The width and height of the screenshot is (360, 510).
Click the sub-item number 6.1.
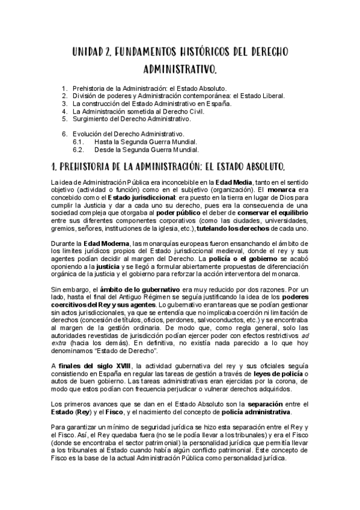(x=78, y=141)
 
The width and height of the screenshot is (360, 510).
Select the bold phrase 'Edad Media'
(x=233, y=182)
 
